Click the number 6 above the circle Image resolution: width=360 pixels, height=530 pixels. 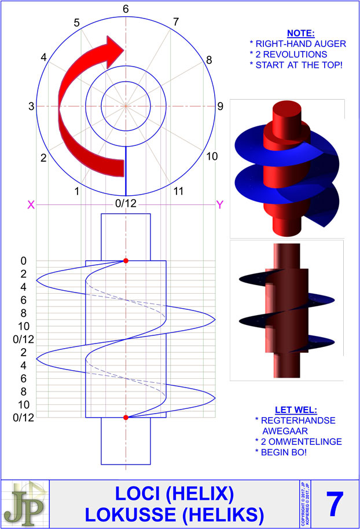(126, 9)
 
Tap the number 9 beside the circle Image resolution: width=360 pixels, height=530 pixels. (221, 106)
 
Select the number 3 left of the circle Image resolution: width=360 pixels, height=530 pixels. (31, 106)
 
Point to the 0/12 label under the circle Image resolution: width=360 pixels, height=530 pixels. (126, 204)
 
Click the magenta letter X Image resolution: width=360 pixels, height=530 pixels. (31, 204)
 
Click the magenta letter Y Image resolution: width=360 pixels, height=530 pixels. (220, 204)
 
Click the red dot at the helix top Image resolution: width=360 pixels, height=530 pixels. (126, 261)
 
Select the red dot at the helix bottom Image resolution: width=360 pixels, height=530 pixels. (126, 417)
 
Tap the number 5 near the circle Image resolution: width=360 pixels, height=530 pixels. (76, 23)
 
